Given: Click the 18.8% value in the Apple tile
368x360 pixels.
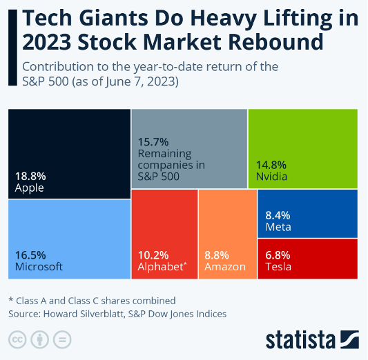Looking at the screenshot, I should tap(29, 176).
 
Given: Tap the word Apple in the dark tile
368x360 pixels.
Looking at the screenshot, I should tap(29, 188).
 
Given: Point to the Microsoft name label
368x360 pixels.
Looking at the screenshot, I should tap(39, 266).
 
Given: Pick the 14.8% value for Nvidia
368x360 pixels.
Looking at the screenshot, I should tap(271, 165).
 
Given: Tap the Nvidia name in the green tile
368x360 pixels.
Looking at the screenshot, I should tap(271, 177).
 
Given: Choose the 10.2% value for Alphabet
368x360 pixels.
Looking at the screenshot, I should tap(153, 254).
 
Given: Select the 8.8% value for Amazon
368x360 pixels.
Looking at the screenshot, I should tap(218, 254).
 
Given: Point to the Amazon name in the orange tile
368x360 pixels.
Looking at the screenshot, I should tap(224, 266).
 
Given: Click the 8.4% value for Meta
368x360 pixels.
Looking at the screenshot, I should tap(278, 215).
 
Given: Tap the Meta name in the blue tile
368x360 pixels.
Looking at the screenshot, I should tap(278, 227).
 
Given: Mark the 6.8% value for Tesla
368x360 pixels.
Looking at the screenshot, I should tap(278, 254).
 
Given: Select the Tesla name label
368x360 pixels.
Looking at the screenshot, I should tap(278, 266).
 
